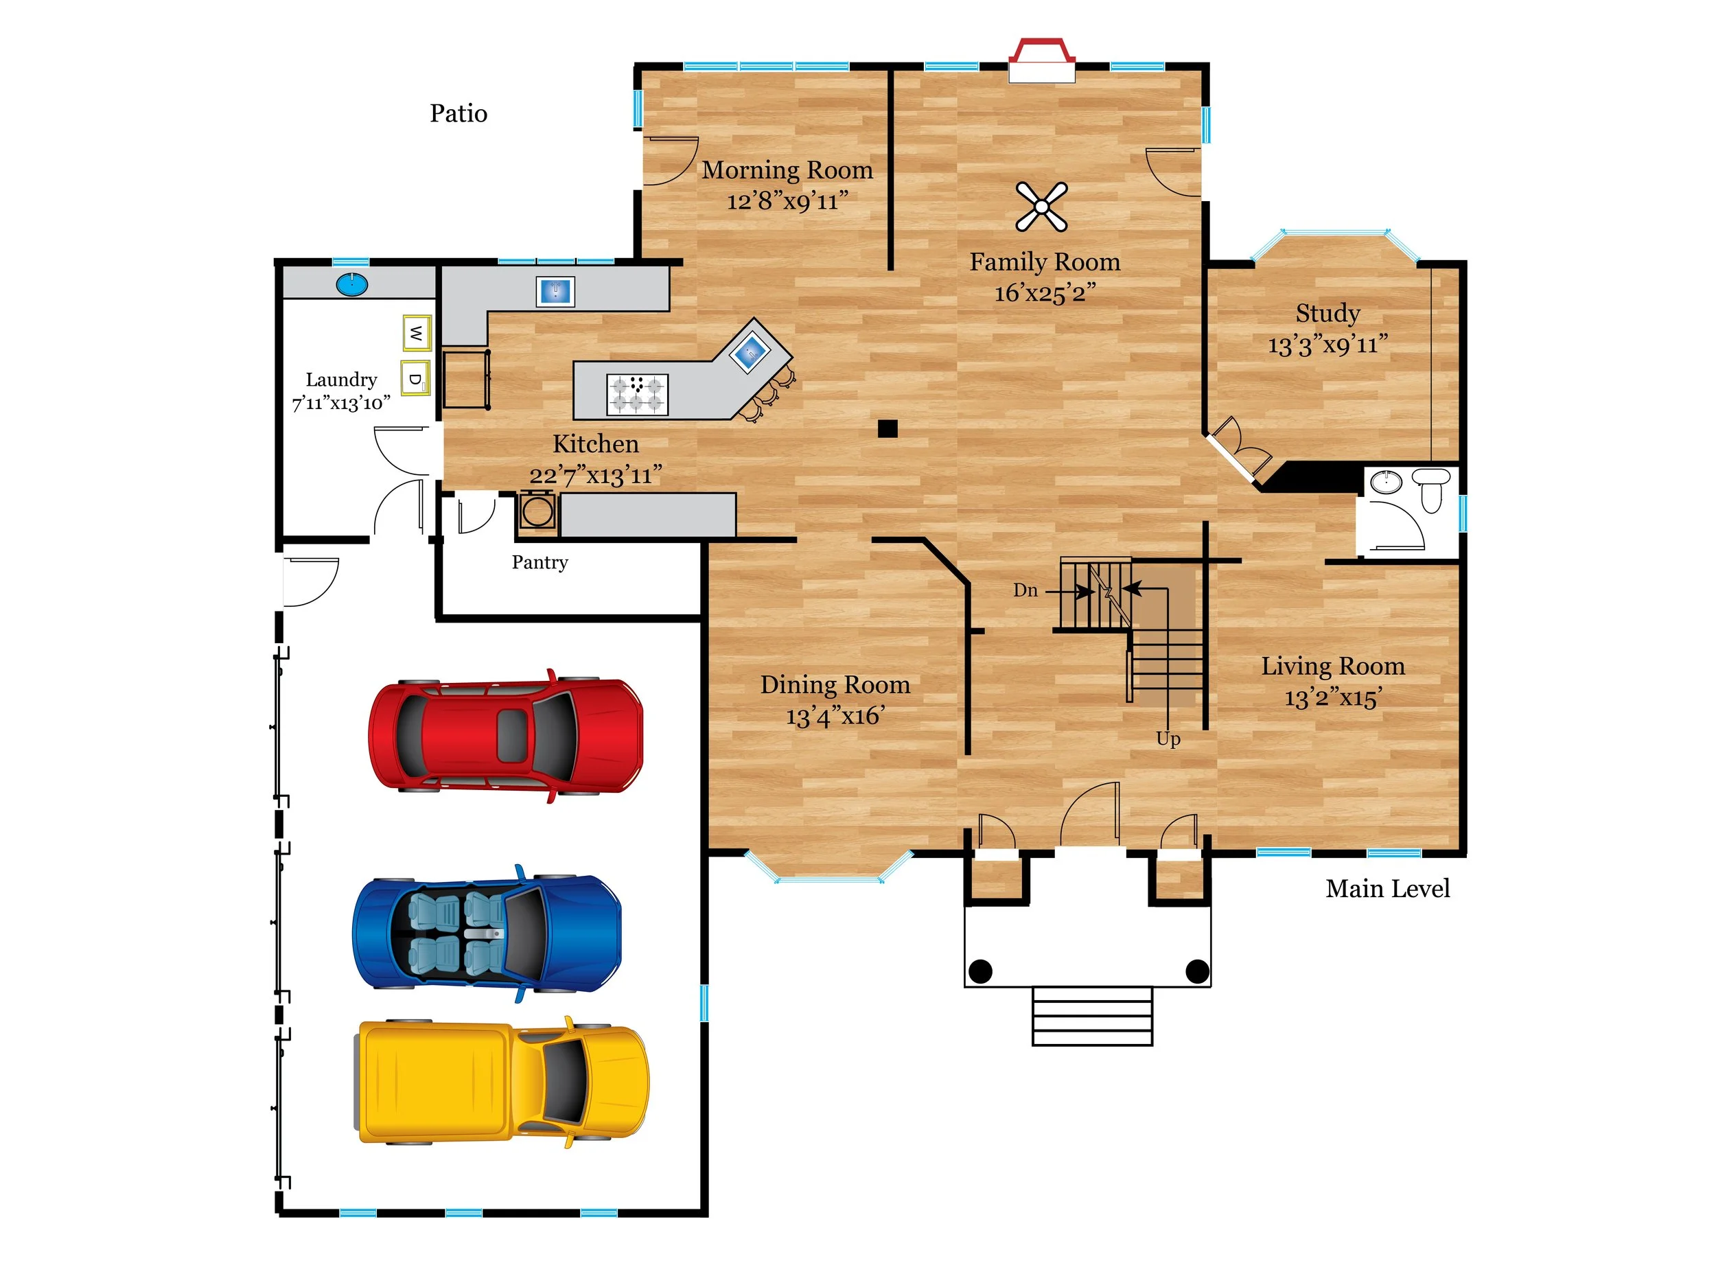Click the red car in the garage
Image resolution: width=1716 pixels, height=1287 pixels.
click(505, 735)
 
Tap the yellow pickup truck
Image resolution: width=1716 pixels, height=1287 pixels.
click(502, 1082)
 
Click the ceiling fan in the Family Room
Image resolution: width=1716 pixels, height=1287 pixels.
click(1041, 207)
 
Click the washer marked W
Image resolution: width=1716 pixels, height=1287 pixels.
click(417, 334)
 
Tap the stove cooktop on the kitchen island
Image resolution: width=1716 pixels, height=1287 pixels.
click(637, 393)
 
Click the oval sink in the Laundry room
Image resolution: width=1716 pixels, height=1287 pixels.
click(352, 284)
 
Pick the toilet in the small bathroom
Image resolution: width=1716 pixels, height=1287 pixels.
click(1431, 488)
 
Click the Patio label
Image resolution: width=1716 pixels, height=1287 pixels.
click(459, 113)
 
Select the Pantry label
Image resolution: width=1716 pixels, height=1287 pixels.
click(540, 561)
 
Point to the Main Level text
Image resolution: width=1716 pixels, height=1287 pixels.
click(1387, 888)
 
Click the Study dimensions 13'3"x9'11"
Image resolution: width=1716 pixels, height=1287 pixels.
click(1327, 345)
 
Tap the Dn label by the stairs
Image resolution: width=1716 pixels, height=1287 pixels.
click(1025, 590)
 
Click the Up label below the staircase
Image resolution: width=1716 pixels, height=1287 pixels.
click(1168, 739)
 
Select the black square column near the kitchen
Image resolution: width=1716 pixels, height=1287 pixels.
click(888, 428)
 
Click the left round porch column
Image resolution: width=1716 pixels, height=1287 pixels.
click(981, 971)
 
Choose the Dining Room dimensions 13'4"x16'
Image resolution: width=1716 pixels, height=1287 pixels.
click(835, 715)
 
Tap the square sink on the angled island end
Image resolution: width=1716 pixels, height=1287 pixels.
click(750, 352)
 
